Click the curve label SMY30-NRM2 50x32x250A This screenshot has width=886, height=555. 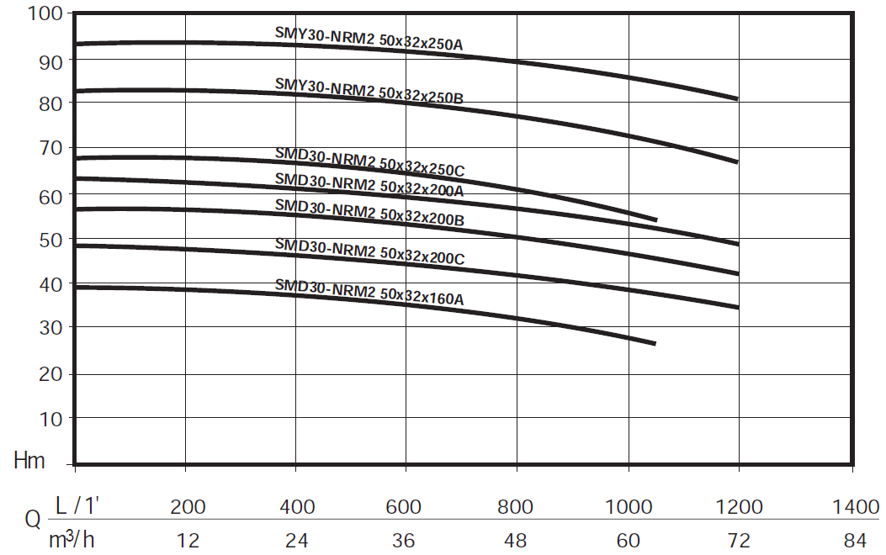pos(369,39)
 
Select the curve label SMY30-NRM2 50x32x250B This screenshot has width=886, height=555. pos(369,91)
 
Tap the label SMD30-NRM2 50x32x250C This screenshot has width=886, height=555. pos(369,161)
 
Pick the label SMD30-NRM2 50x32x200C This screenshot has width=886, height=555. pos(369,251)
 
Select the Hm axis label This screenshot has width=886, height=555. pos(29,460)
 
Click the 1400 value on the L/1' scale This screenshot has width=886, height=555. pos(855,507)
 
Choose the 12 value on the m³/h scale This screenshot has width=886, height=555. pos(187,541)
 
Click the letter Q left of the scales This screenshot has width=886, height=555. pos(32,521)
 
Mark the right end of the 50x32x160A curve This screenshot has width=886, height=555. pos(655,343)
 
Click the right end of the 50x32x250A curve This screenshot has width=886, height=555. pos(737,98)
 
